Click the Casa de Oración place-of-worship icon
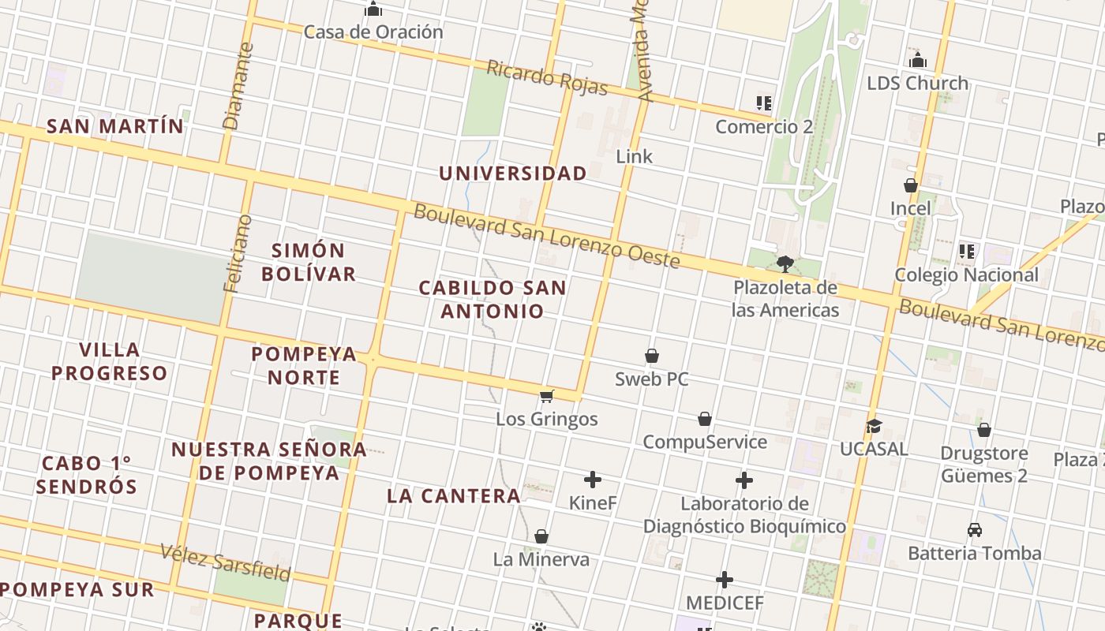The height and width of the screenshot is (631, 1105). (x=373, y=9)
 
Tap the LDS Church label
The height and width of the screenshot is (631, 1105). (x=917, y=83)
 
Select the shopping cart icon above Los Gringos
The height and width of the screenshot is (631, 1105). (x=547, y=396)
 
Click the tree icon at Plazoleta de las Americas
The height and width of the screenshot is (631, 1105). (x=785, y=263)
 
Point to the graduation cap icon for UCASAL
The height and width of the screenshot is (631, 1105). (x=873, y=426)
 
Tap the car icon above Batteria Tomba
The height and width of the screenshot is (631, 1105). (x=975, y=530)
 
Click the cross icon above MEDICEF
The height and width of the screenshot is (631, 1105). (x=725, y=581)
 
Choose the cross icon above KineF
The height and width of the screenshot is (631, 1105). (x=593, y=480)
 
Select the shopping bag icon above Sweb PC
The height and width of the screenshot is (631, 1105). (x=652, y=357)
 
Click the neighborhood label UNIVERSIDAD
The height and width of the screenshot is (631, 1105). (x=513, y=174)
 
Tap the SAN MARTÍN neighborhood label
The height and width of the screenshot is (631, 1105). (x=115, y=126)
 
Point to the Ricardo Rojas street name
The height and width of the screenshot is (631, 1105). (x=547, y=77)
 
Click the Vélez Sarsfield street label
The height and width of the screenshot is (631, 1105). (x=226, y=562)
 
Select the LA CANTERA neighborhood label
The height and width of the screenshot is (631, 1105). (x=454, y=496)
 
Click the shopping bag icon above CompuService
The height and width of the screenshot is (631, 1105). (x=705, y=419)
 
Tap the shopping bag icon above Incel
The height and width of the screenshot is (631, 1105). (x=911, y=186)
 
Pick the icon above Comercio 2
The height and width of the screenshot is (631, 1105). (x=763, y=103)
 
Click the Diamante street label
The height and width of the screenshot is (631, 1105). (x=238, y=86)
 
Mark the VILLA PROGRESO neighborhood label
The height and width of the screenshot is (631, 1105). (x=110, y=361)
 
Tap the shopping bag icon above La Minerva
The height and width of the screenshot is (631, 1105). (x=541, y=537)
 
